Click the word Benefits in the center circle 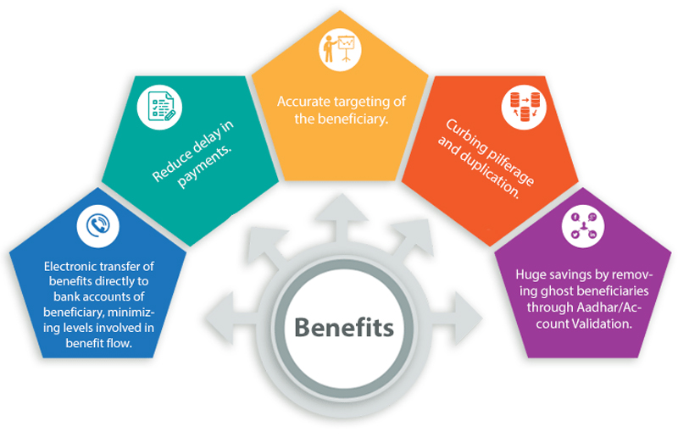pyautogui.click(x=343, y=327)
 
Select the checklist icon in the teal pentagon pyautogui.click(x=161, y=108)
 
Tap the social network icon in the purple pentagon pyautogui.click(x=585, y=229)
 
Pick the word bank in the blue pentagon pyautogui.click(x=57, y=296)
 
